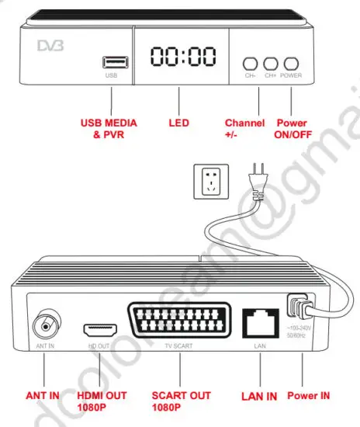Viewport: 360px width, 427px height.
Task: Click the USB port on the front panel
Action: pos(111,62)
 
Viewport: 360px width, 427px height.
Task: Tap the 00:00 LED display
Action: pos(180,56)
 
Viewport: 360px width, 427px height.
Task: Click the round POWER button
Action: pos(292,64)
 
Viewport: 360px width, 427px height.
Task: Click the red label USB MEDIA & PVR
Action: pos(111,127)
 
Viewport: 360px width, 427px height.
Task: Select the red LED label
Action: pos(179,123)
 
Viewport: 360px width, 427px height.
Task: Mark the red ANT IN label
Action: pos(43,396)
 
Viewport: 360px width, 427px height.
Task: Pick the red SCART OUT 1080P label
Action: pos(181,401)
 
